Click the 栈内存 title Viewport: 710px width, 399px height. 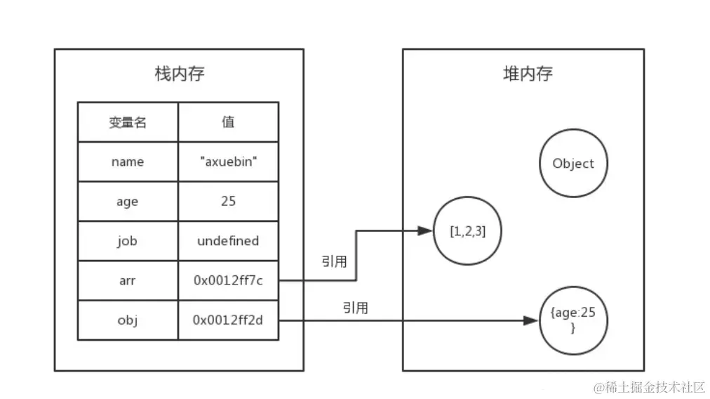[179, 74]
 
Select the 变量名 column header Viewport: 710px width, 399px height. [128, 122]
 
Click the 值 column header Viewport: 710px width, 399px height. [228, 122]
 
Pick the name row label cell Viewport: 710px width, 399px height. [128, 162]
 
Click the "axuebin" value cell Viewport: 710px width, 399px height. [228, 162]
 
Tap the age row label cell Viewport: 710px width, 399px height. [128, 202]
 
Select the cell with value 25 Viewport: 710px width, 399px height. [228, 202]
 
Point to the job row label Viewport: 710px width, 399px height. [128, 241]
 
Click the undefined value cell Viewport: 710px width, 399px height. [228, 241]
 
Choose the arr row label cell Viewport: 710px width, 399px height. [128, 281]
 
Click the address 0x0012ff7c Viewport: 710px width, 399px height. [228, 281]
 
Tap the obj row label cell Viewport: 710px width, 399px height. [128, 320]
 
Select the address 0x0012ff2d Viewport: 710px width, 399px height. [228, 320]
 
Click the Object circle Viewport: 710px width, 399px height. [573, 164]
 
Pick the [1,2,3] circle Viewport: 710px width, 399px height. [467, 231]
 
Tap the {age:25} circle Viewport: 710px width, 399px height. [573, 320]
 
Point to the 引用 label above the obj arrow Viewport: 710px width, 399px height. [356, 308]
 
